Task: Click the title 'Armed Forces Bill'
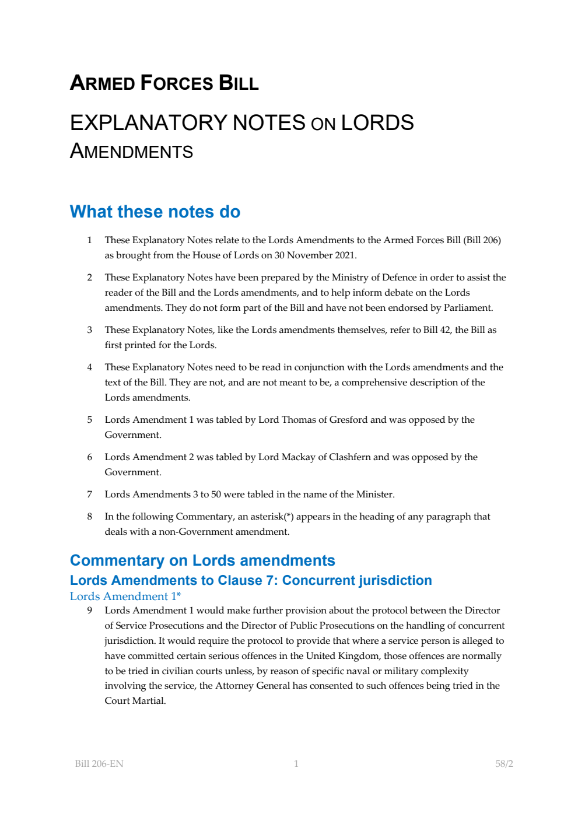[x=164, y=83]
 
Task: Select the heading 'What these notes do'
[x=155, y=212]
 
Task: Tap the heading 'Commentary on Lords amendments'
[x=202, y=560]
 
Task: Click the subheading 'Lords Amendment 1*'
[x=125, y=596]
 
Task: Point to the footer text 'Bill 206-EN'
[x=99, y=763]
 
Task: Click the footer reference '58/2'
[x=504, y=763]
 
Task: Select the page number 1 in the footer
[x=296, y=763]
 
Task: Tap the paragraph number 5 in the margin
[x=89, y=420]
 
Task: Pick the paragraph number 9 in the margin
[x=89, y=611]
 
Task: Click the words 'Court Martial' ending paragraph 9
[x=135, y=701]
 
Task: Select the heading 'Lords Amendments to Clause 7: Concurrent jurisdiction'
[x=251, y=580]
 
